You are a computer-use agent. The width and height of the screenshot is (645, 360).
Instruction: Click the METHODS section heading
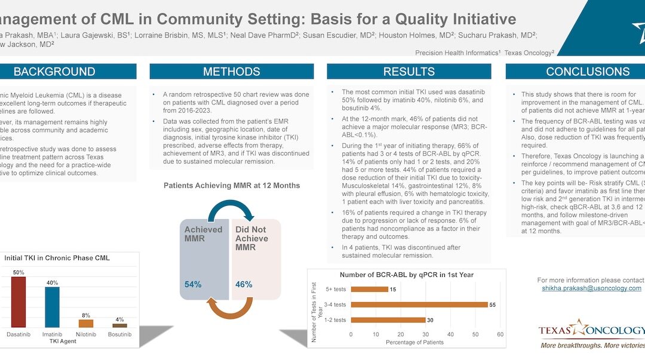pos(231,72)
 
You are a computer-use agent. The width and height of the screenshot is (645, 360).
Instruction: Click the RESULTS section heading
pos(409,72)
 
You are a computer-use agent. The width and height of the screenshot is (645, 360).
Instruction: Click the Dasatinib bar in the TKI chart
pos(19,302)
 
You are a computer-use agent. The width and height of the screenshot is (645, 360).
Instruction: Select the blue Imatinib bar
pos(52,307)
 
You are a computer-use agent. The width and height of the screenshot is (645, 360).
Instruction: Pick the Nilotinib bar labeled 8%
pos(86,323)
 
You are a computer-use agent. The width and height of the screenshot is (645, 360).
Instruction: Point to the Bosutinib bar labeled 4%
pos(120,325)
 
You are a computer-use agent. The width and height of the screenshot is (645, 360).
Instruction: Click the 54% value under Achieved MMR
pos(193,285)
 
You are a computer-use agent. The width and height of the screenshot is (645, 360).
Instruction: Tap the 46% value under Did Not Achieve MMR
pos(244,285)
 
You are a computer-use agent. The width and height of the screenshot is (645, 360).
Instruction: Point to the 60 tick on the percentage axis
pos(500,334)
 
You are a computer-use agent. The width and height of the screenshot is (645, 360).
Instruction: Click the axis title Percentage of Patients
pos(414,342)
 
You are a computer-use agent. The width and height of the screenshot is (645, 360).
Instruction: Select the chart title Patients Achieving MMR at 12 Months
pos(232,186)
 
